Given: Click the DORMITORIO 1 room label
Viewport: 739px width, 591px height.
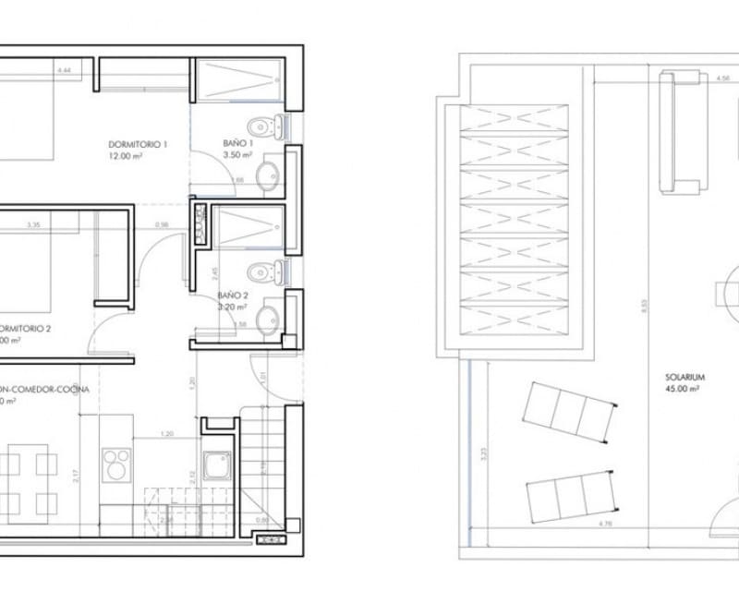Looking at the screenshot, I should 138,145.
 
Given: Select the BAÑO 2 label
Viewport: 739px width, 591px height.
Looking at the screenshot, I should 233,295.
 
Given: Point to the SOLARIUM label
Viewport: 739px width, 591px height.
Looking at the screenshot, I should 685,378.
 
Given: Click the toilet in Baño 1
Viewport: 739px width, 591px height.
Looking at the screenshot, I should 262,125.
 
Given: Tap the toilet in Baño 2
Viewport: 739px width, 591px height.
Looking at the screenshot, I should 262,271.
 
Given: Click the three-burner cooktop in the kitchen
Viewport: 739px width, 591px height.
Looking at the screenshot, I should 118,462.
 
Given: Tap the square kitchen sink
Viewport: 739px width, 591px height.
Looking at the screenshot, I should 219,466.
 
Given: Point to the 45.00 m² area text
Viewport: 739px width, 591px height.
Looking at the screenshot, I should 685,391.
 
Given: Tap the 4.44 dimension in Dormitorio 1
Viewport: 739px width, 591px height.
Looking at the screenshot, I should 64,70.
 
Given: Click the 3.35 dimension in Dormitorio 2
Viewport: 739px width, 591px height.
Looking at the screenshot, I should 33,224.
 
